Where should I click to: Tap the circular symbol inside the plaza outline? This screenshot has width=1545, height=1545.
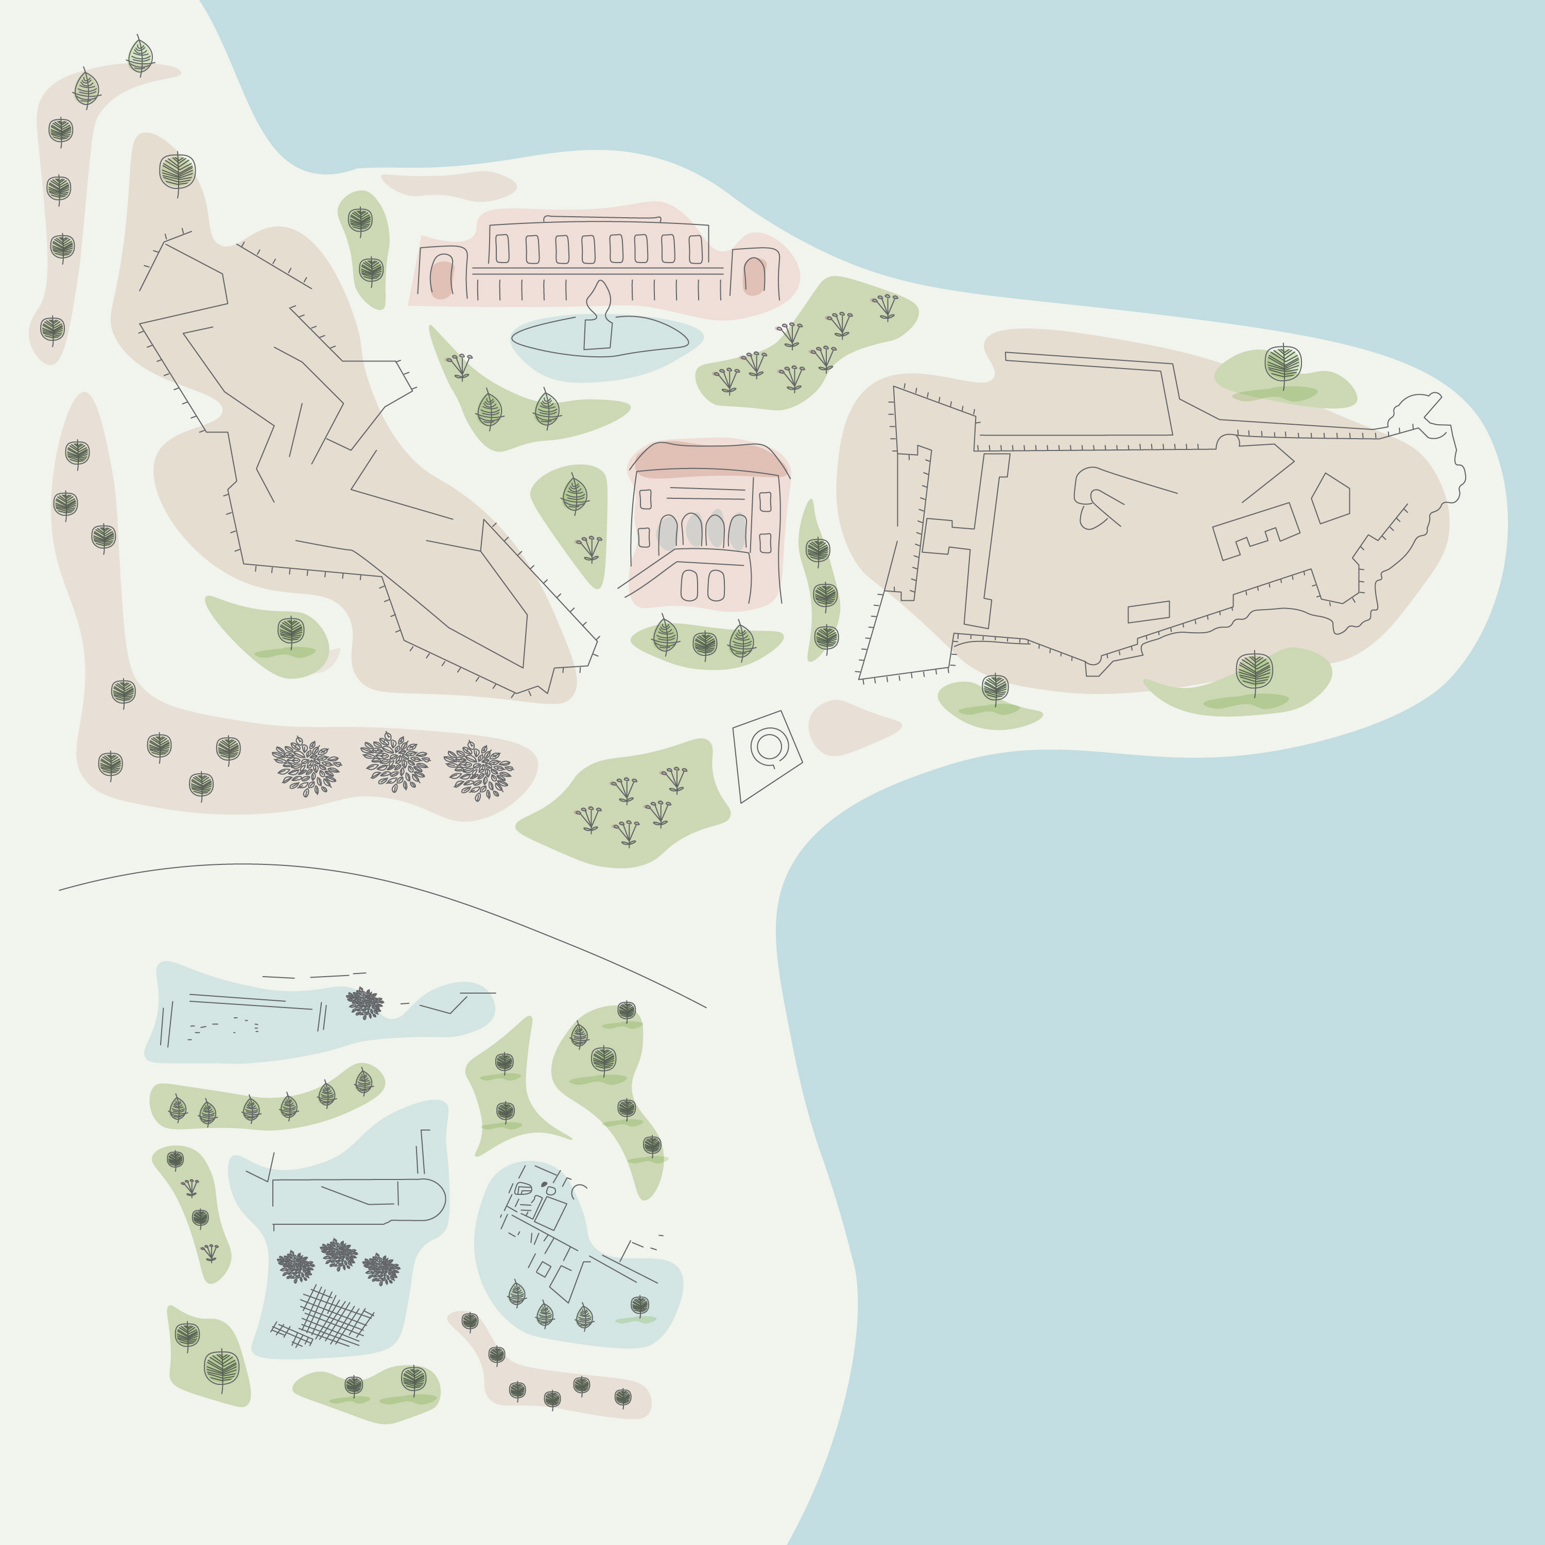point(769,746)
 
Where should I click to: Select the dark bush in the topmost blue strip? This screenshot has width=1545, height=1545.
point(364,1003)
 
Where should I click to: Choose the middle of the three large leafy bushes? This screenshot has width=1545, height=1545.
point(395,761)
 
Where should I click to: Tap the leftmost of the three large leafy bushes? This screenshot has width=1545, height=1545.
point(307,766)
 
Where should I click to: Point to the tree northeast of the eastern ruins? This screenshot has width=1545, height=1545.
point(1283,364)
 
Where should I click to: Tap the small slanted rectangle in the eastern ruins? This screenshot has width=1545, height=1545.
point(1149,612)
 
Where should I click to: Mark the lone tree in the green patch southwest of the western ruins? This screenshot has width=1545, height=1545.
point(291,631)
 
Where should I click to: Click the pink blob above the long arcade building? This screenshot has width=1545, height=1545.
point(449,185)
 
